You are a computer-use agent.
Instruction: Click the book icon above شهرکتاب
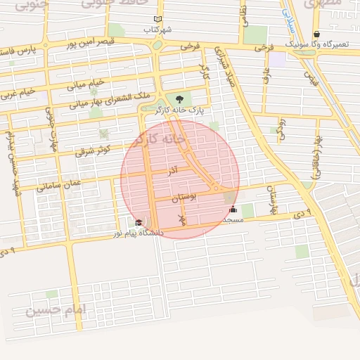click(157, 19)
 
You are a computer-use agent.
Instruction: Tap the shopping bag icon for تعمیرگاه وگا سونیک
click(316, 34)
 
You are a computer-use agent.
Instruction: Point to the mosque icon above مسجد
click(233, 210)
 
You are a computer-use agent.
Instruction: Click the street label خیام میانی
click(85, 85)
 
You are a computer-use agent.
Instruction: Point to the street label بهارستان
click(273, 200)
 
